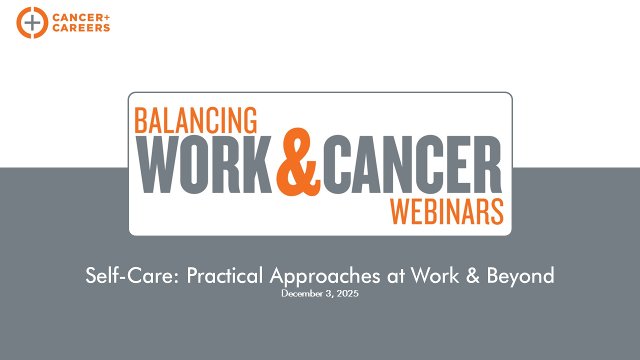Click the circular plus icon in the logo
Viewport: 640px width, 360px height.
pyautogui.click(x=32, y=22)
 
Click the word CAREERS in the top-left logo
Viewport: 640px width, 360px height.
pyautogui.click(x=81, y=27)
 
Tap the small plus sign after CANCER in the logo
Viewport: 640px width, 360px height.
pyautogui.click(x=106, y=17)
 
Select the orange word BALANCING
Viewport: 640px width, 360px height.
pyautogui.click(x=195, y=120)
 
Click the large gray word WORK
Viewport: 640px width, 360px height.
pyautogui.click(x=203, y=164)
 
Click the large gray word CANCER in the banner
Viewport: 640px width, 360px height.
pyautogui.click(x=412, y=164)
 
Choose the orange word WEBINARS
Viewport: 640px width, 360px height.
pyautogui.click(x=447, y=211)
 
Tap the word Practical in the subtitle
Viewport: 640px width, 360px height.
pyautogui.click(x=225, y=275)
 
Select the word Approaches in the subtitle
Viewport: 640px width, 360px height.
pyautogui.click(x=325, y=276)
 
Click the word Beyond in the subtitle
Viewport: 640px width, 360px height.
pyautogui.click(x=520, y=276)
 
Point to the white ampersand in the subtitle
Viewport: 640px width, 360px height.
pyautogui.click(x=472, y=275)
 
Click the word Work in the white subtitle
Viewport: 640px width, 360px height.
pyautogui.click(x=434, y=275)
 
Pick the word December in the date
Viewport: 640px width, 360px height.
pyautogui.click(x=302, y=293)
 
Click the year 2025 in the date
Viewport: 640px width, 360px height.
pyautogui.click(x=347, y=293)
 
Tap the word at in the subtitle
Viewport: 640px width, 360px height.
pyautogui.click(x=396, y=276)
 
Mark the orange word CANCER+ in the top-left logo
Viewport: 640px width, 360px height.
pyautogui.click(x=81, y=17)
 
